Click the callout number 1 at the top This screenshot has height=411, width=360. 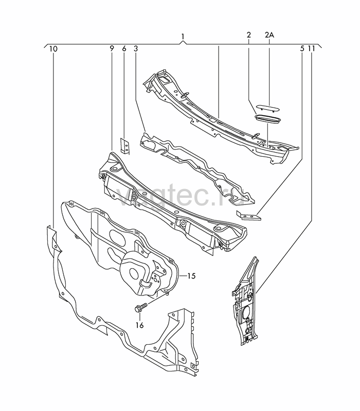[183, 36]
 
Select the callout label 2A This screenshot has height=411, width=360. [269, 35]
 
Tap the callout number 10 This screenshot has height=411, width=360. [53, 49]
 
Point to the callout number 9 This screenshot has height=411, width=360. [112, 48]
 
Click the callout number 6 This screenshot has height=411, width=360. [124, 48]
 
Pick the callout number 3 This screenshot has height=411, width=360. [136, 48]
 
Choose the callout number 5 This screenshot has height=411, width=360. [302, 48]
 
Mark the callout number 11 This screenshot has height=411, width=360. [312, 48]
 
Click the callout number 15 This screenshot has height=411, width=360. [191, 276]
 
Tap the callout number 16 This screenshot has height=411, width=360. [139, 325]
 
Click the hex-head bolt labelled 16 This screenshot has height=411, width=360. [140, 307]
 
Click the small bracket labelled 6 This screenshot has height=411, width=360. [125, 145]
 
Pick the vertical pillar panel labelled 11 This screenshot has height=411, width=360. [245, 302]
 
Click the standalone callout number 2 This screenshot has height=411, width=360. [248, 35]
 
